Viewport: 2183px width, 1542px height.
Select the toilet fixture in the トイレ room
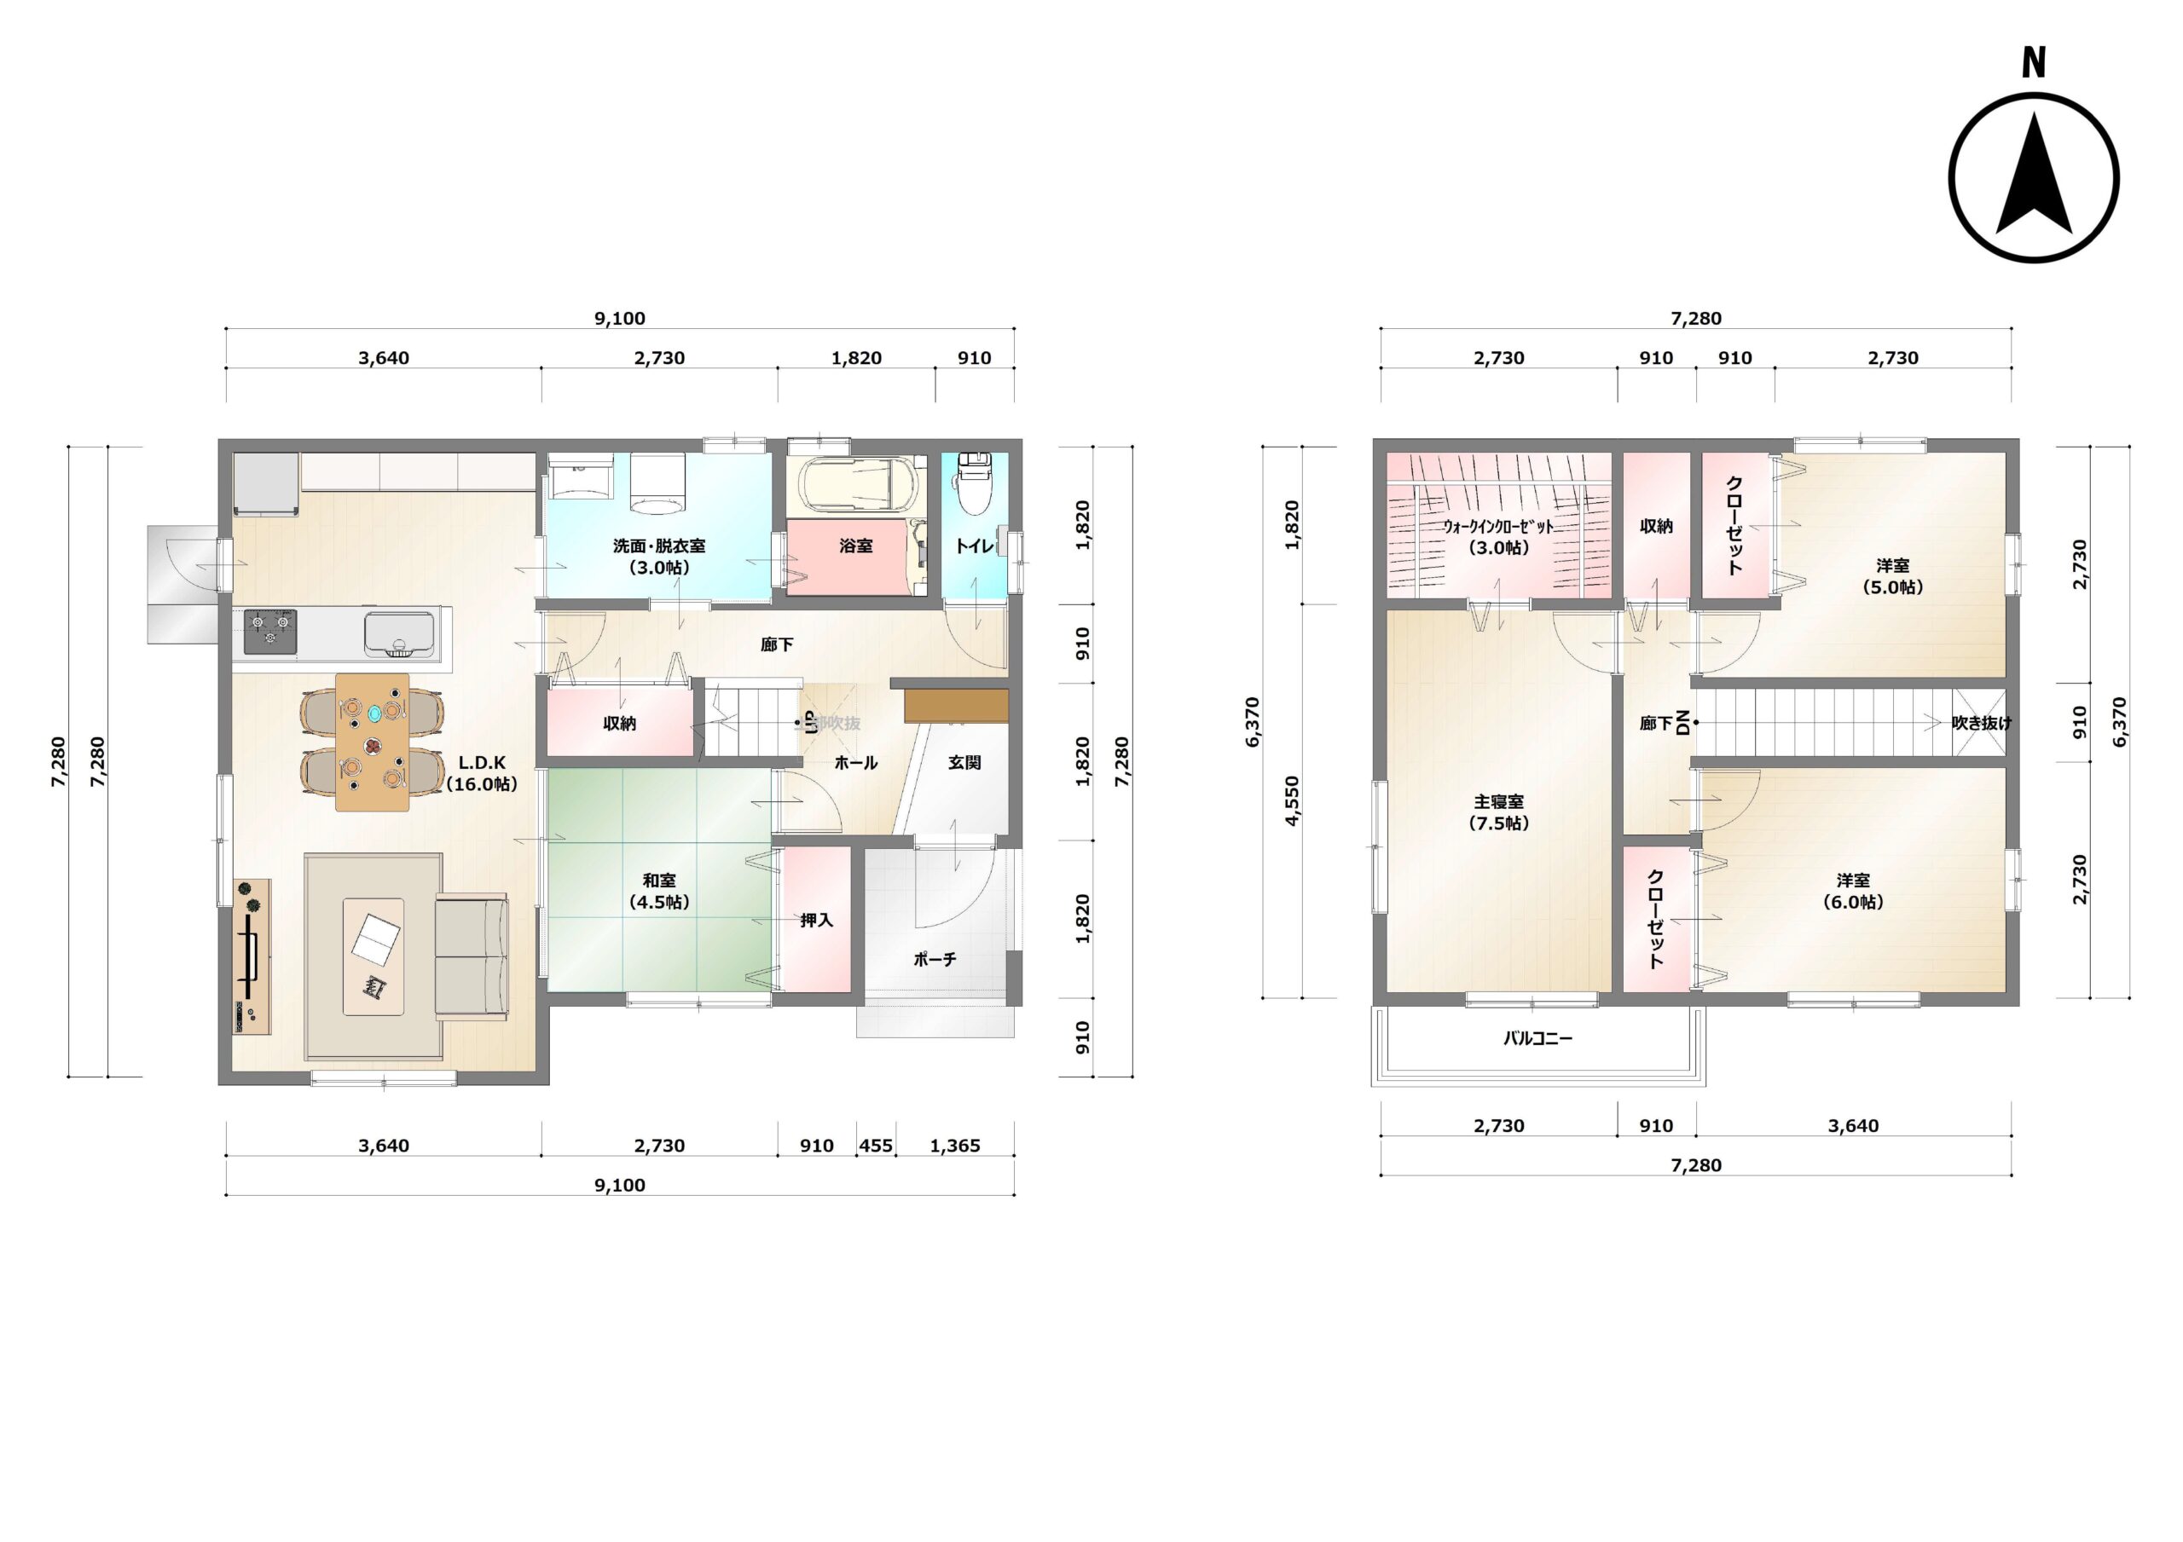click(975, 481)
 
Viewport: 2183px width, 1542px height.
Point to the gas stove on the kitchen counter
click(270, 632)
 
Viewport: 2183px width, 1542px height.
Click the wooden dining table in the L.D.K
click(373, 742)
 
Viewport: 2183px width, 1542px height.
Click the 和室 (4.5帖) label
click(659, 891)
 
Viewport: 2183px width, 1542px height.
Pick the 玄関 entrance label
click(964, 762)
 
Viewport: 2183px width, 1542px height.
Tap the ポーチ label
click(935, 959)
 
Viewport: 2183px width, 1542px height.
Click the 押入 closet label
click(816, 921)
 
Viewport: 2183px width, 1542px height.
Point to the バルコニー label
click(1537, 1038)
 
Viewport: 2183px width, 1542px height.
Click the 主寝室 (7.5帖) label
click(1498, 811)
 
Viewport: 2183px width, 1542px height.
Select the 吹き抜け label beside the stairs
click(1982, 723)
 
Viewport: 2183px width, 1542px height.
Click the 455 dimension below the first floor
click(876, 1146)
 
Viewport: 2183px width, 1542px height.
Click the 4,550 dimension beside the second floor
click(1291, 801)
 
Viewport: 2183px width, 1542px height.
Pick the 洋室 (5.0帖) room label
click(1892, 576)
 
